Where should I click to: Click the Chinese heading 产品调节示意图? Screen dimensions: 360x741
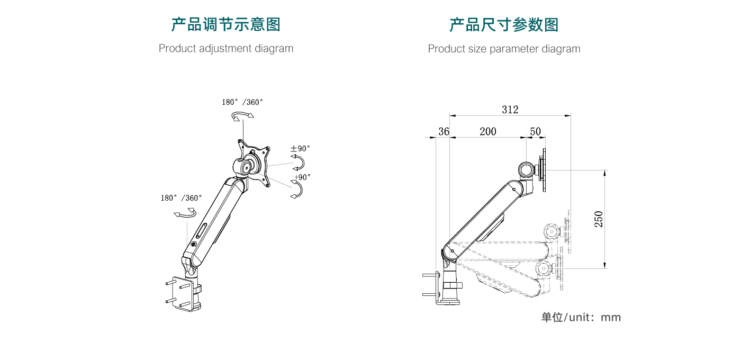pyautogui.click(x=226, y=24)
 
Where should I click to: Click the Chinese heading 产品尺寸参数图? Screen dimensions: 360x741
pyautogui.click(x=504, y=25)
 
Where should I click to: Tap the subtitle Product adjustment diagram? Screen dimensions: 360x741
pyautogui.click(x=226, y=48)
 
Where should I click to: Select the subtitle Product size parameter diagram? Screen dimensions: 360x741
pyautogui.click(x=504, y=49)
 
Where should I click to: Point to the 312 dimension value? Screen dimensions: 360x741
pyautogui.click(x=510, y=110)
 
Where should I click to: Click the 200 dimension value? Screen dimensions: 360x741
pyautogui.click(x=487, y=131)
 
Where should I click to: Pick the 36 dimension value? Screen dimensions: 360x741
pyautogui.click(x=444, y=131)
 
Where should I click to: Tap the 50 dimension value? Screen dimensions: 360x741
pyautogui.click(x=535, y=131)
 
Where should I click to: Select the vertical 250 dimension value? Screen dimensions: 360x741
pyautogui.click(x=599, y=219)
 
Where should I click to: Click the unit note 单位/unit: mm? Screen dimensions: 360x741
pyautogui.click(x=581, y=317)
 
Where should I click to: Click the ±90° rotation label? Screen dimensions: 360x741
pyautogui.click(x=300, y=149)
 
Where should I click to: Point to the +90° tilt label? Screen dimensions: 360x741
pyautogui.click(x=302, y=177)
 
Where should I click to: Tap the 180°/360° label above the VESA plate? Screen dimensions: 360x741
pyautogui.click(x=242, y=102)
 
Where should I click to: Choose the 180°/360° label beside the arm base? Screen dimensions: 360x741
pyautogui.click(x=182, y=198)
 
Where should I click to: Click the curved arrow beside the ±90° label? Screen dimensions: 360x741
pyautogui.click(x=300, y=161)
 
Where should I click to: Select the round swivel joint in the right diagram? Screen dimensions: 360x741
pyautogui.click(x=527, y=170)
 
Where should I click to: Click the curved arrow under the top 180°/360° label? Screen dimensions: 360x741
pyautogui.click(x=241, y=116)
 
